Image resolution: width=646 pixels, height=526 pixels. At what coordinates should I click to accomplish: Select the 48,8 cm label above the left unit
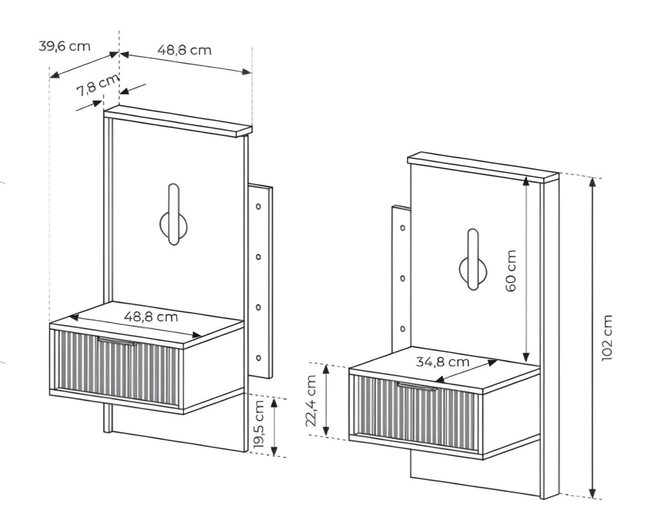184,50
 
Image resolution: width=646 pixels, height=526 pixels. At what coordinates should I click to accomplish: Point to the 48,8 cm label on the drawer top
151,317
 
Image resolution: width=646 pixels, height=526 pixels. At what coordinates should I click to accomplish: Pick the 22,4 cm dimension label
311,400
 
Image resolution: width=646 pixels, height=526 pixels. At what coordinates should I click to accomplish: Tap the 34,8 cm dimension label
442,363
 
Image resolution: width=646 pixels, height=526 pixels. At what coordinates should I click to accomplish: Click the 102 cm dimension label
607,338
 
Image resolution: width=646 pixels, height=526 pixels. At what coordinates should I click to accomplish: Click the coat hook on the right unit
472,263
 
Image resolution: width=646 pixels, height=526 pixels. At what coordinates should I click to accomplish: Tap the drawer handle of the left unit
117,341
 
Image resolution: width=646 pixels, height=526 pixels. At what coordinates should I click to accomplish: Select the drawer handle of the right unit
417,386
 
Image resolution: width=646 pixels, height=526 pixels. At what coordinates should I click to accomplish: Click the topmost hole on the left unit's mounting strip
258,206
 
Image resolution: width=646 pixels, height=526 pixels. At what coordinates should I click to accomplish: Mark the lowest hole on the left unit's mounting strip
258,358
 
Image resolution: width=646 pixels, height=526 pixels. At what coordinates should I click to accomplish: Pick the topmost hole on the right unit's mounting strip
402,226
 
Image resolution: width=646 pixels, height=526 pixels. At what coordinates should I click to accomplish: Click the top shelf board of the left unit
178,121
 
